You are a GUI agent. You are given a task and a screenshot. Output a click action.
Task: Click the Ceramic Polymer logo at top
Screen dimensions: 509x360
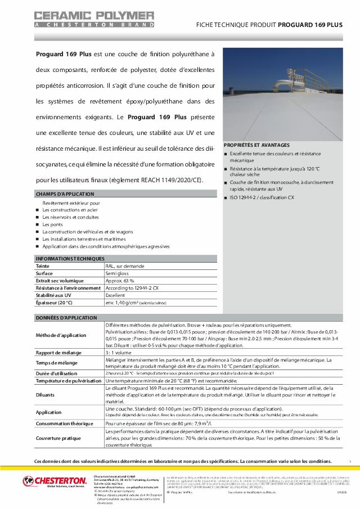click(94, 19)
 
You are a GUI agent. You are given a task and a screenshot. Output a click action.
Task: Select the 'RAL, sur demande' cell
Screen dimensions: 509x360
click(124, 265)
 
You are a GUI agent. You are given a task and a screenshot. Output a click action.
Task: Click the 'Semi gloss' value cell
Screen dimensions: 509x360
click(117, 273)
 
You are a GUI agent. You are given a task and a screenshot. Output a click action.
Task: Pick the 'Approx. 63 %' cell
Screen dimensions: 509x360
click(120, 280)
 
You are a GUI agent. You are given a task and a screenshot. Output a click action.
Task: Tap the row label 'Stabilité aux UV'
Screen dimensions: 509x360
click(53, 295)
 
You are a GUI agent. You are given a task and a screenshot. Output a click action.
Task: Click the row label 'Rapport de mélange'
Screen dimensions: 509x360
click(59, 352)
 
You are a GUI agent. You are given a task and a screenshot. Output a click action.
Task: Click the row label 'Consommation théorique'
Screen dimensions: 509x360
click(64, 423)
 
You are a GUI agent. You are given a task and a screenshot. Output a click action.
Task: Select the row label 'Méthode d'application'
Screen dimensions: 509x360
click(61, 335)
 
